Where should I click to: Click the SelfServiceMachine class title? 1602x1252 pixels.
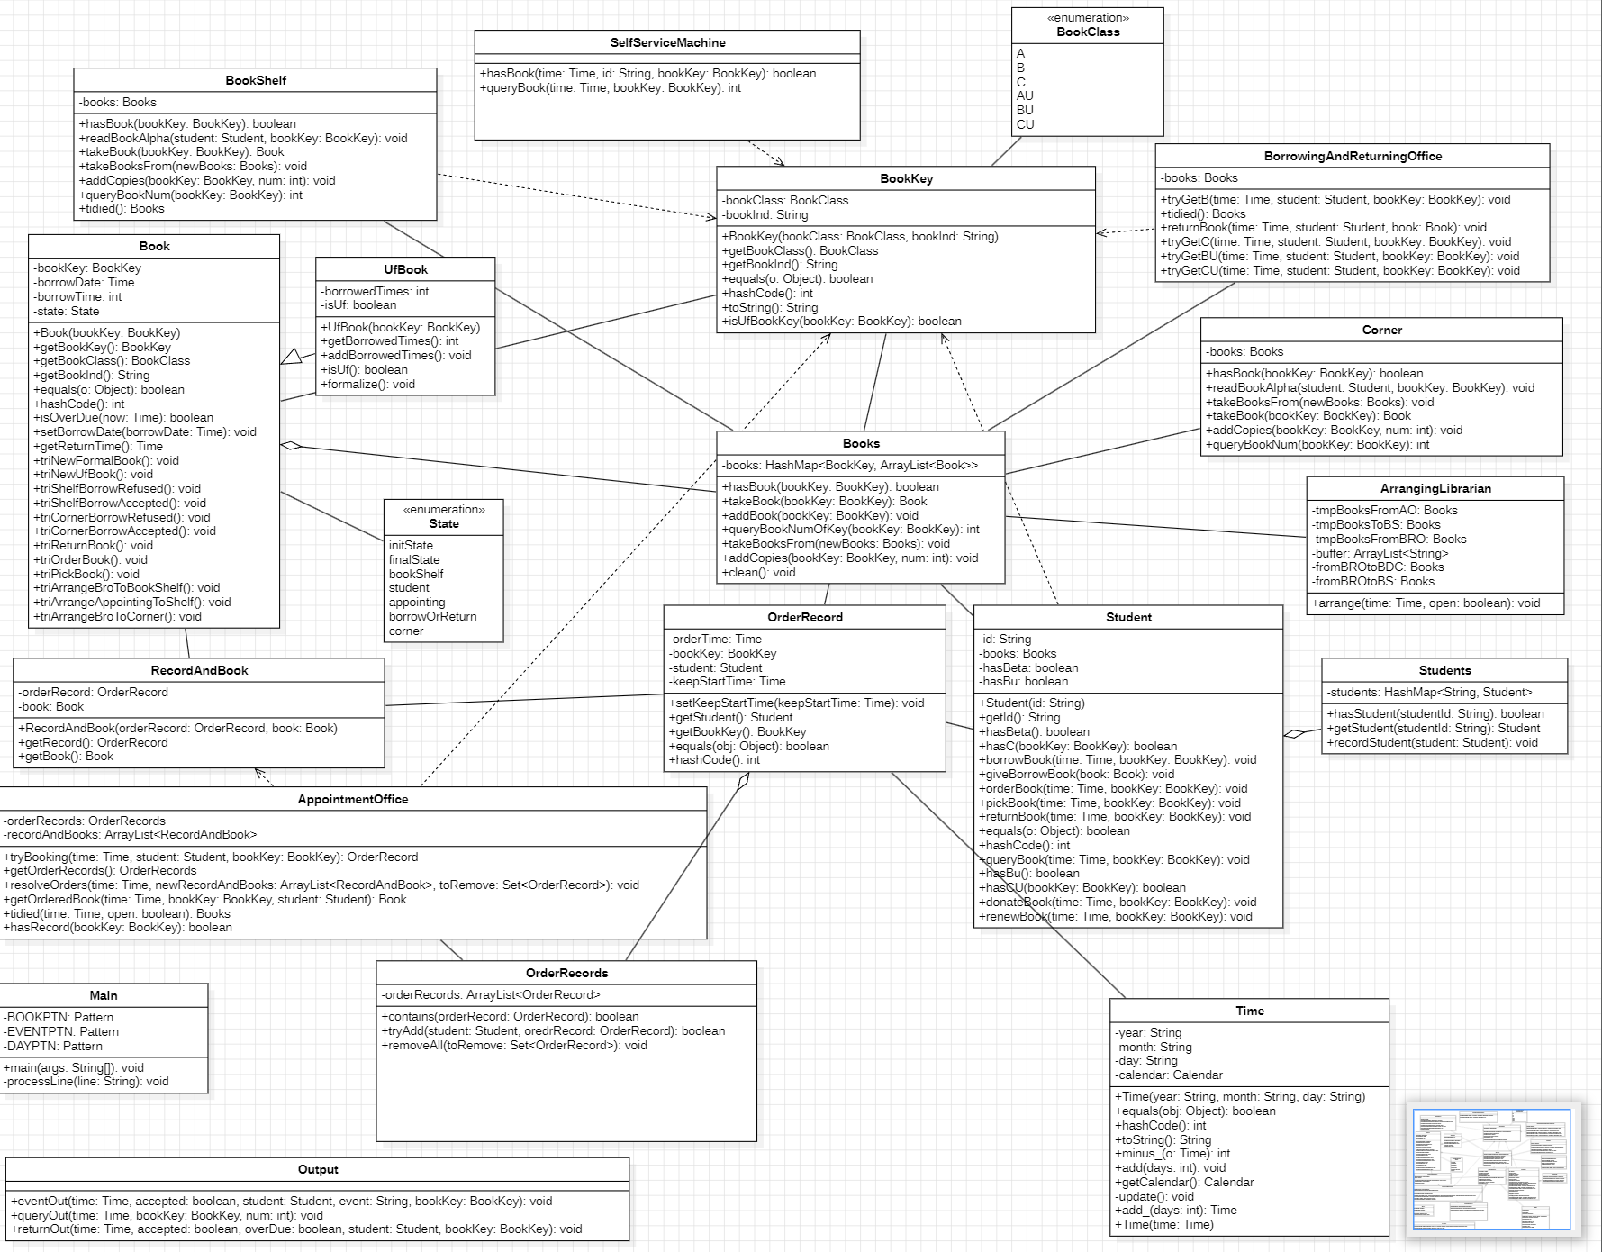[667, 42]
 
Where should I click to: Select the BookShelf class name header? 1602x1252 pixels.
[256, 80]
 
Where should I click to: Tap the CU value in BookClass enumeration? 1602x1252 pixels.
[1025, 124]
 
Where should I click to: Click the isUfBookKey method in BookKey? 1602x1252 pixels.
[841, 322]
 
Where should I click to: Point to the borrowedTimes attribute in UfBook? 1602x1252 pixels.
[375, 291]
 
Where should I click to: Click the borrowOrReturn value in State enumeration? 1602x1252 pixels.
[432, 617]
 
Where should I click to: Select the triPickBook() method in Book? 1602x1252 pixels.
[86, 574]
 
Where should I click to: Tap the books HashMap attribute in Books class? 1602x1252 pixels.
[849, 466]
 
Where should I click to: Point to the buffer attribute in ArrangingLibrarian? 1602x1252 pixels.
[1380, 553]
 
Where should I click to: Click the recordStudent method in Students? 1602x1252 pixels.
[1432, 743]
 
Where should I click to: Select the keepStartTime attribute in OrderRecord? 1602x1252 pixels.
[727, 682]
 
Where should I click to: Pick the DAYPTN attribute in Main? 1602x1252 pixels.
[53, 1047]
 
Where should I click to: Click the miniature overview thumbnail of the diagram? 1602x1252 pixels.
[1491, 1170]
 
